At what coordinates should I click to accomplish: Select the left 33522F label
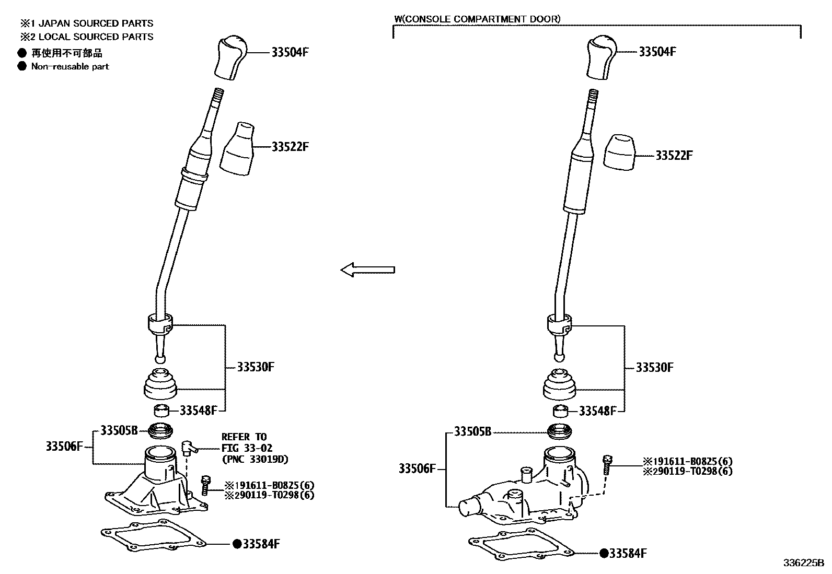tap(290, 147)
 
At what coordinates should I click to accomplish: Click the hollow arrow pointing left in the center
tap(367, 270)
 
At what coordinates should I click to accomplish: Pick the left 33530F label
tap(256, 367)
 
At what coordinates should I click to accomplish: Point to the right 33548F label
tap(597, 411)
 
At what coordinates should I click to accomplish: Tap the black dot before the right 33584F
tap(604, 553)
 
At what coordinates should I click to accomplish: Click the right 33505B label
tap(472, 432)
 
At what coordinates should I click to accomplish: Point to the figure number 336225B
tap(803, 563)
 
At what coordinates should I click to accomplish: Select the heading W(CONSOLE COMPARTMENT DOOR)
tap(477, 19)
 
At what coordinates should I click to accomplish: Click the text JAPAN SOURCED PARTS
tap(96, 24)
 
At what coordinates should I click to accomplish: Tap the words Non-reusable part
tap(70, 66)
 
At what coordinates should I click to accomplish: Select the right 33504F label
tap(657, 52)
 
